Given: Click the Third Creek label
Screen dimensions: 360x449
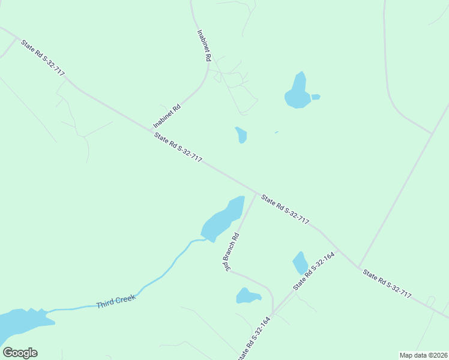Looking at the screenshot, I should coord(116,301).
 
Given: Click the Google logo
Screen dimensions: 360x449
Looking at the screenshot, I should coord(20,353).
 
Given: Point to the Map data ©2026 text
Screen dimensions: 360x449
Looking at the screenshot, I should coord(423,355).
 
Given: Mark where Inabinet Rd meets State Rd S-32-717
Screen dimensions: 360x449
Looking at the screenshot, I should coord(151,128).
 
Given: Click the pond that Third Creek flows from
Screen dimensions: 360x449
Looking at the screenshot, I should coord(221,219).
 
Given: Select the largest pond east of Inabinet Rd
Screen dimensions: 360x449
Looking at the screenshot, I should coord(297,92).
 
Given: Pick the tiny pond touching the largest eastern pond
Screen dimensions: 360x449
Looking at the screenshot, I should coord(316,97).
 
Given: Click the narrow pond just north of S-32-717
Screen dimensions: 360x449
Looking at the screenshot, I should coord(241,135).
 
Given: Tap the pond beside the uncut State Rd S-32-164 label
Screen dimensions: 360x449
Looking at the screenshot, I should coord(300,263).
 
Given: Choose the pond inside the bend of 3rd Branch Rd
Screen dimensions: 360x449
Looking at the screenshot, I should coord(247,296).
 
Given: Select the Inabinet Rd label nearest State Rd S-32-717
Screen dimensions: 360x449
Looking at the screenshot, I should coord(167,116).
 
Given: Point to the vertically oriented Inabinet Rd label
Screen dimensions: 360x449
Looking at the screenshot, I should coord(204,46).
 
